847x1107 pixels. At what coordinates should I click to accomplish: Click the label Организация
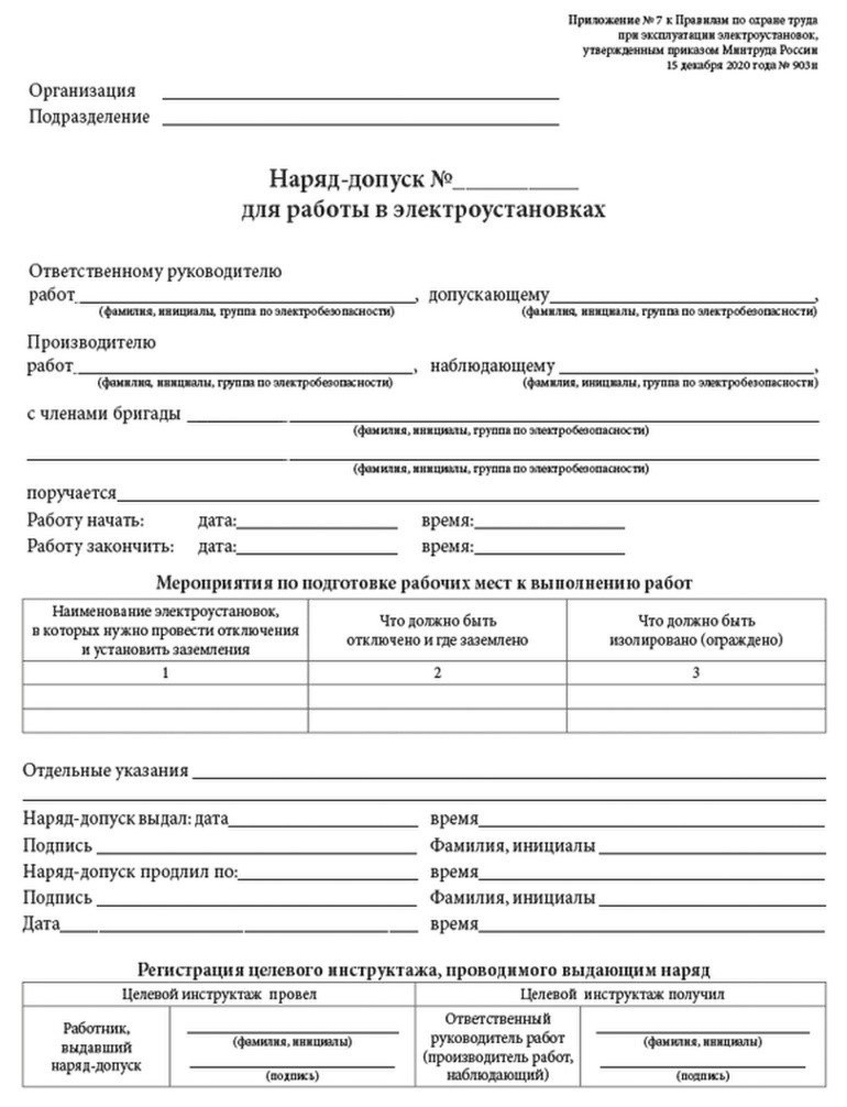[x=82, y=91]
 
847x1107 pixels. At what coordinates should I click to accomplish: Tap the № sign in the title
[x=440, y=180]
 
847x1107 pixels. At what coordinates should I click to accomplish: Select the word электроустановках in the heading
[x=499, y=210]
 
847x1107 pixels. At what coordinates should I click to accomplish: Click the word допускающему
[x=488, y=295]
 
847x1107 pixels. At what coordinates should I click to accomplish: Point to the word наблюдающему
[x=492, y=366]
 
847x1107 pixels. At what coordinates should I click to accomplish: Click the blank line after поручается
[x=468, y=497]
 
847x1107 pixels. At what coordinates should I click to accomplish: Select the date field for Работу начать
[x=317, y=524]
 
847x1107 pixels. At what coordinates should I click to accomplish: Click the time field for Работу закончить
[x=549, y=551]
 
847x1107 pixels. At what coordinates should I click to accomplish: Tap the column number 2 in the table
[x=437, y=672]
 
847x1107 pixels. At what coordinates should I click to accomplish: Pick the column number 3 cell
[x=696, y=672]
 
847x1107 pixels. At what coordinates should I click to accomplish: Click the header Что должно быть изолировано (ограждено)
[x=696, y=631]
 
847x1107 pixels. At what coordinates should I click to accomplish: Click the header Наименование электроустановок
[x=165, y=630]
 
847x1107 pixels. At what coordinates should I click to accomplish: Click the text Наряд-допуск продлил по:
[x=130, y=872]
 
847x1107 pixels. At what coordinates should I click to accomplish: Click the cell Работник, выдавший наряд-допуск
[x=96, y=1046]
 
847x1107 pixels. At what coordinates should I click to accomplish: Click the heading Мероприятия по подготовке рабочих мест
[x=424, y=583]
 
